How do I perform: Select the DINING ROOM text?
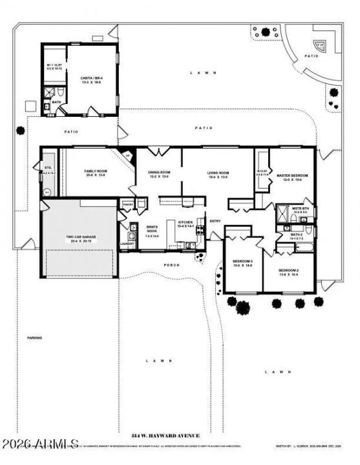159,173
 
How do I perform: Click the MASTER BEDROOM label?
292,176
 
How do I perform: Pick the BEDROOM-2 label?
288,271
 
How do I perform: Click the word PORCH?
171,265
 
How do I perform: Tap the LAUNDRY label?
127,243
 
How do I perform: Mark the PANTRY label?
127,204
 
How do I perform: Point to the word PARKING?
34,338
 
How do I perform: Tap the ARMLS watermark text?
40,445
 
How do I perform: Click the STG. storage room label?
47,168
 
